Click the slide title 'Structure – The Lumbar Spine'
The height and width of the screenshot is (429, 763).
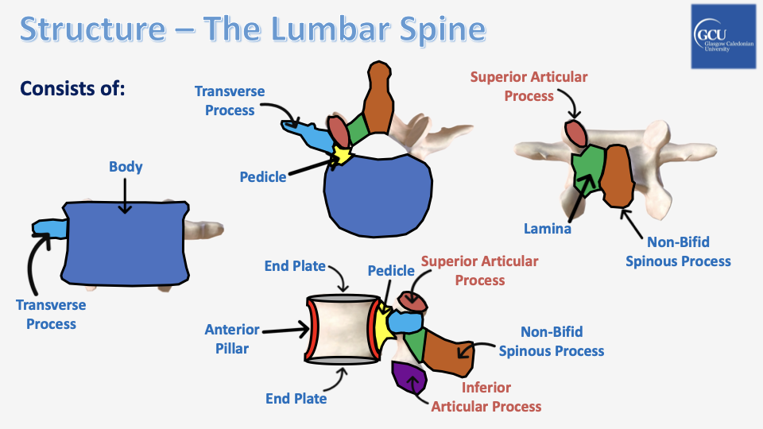(x=252, y=29)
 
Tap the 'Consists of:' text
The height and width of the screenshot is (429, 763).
(x=72, y=87)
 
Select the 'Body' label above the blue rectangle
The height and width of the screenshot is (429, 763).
(x=126, y=167)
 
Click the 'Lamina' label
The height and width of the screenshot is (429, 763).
(x=547, y=228)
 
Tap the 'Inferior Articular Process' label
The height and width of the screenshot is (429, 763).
(x=486, y=397)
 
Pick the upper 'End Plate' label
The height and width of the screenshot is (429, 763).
(x=296, y=265)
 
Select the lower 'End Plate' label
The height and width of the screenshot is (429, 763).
(x=296, y=398)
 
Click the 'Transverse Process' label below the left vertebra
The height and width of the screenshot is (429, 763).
(x=51, y=315)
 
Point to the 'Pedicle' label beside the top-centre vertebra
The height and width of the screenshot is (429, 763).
(x=263, y=176)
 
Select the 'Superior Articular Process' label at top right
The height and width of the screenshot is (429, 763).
(x=529, y=87)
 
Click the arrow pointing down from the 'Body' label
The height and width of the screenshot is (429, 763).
(x=125, y=195)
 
